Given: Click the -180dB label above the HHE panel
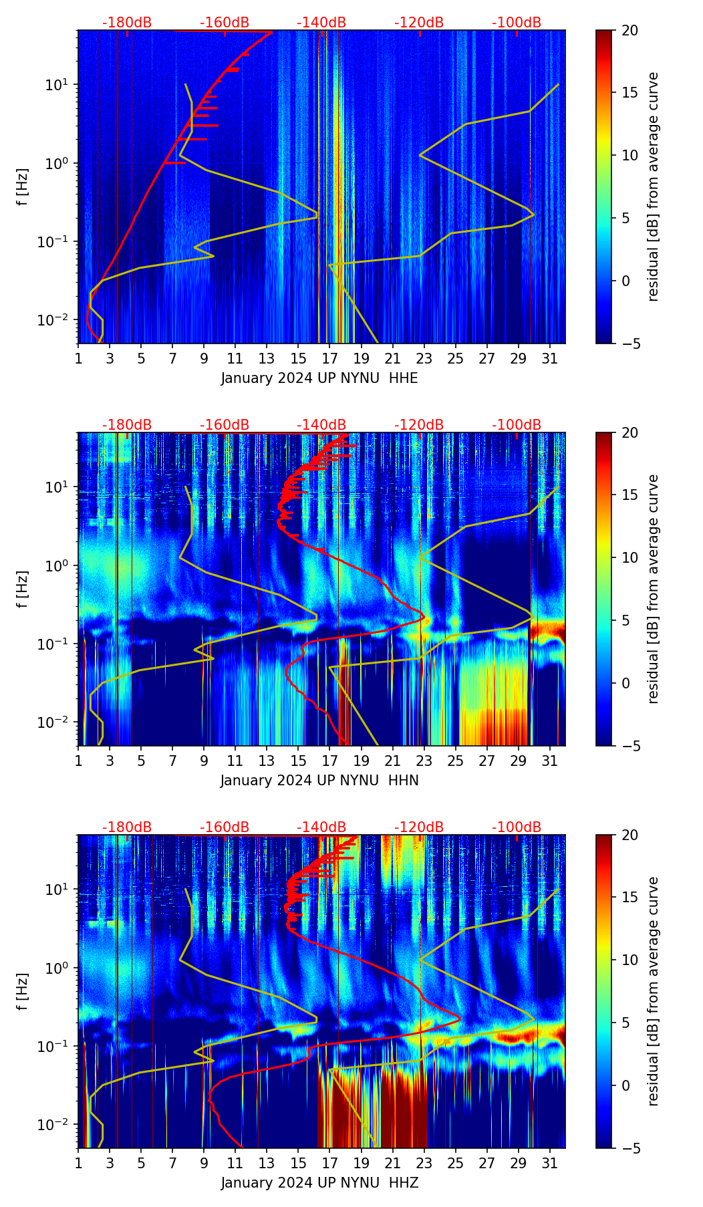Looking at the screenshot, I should pyautogui.click(x=127, y=23).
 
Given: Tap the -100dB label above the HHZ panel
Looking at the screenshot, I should pyautogui.click(x=517, y=827).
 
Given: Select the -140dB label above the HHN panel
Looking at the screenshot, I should pyautogui.click(x=321, y=425).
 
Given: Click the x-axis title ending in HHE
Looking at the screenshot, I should pyautogui.click(x=319, y=378).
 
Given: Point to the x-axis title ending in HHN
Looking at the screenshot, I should pyautogui.click(x=319, y=781).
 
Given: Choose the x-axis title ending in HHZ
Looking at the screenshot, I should pyautogui.click(x=319, y=1183).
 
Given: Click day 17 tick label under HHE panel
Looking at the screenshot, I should pyautogui.click(x=330, y=358).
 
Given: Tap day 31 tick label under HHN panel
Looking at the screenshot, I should pyautogui.click(x=550, y=761).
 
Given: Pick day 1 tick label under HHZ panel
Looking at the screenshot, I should pyautogui.click(x=78, y=1163).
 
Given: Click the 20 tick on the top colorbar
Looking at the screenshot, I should pyautogui.click(x=630, y=30).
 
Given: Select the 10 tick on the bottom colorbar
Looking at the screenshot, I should pyautogui.click(x=630, y=960).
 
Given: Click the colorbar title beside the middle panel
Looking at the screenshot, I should pyautogui.click(x=654, y=589).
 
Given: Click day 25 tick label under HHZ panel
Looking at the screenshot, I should pyautogui.click(x=456, y=1163).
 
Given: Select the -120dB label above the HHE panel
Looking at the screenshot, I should pyautogui.click(x=419, y=23).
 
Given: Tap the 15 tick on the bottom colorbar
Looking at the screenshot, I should pyautogui.click(x=630, y=897).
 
